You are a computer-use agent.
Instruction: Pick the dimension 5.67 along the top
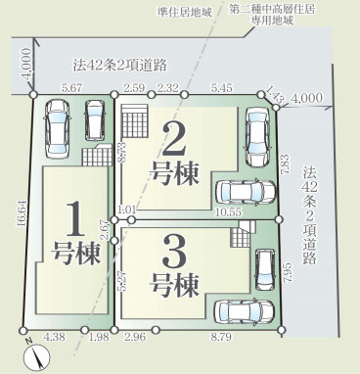71,87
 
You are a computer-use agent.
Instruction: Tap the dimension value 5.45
222,87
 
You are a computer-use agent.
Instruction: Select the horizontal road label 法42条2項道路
119,65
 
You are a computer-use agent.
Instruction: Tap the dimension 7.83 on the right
285,164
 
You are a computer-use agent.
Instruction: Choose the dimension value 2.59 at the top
135,87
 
